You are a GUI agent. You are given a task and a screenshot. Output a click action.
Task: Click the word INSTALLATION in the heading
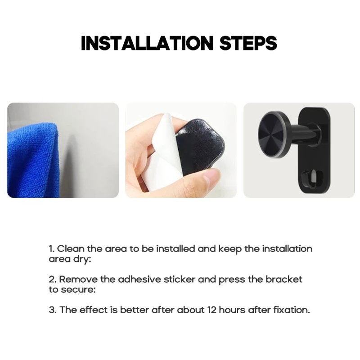pos(148,43)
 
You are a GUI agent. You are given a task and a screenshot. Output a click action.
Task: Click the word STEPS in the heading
pos(248,43)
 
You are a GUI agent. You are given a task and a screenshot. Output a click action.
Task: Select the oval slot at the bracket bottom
pos(313,179)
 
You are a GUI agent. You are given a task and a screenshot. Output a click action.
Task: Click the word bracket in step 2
pos(284,279)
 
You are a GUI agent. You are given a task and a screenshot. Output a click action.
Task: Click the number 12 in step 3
pos(212,310)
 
